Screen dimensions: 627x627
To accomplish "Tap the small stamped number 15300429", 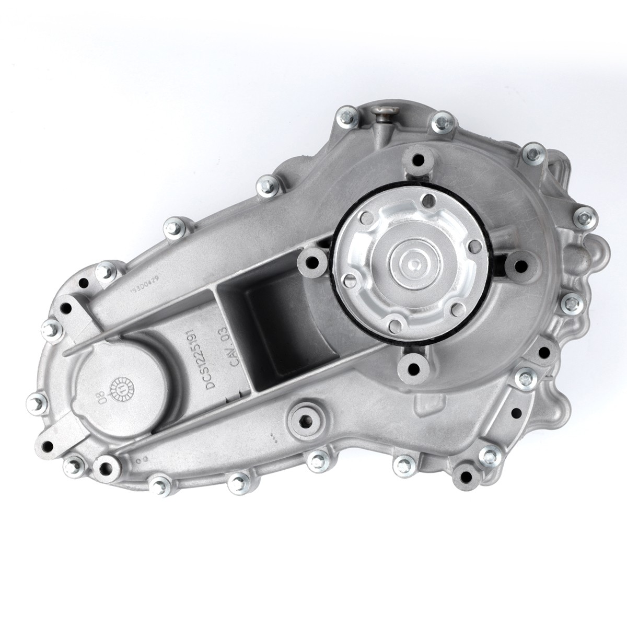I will point(145,285).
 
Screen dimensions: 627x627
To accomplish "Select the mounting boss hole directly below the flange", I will point(411,367).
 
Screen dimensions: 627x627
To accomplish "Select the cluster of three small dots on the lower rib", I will point(272,434).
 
